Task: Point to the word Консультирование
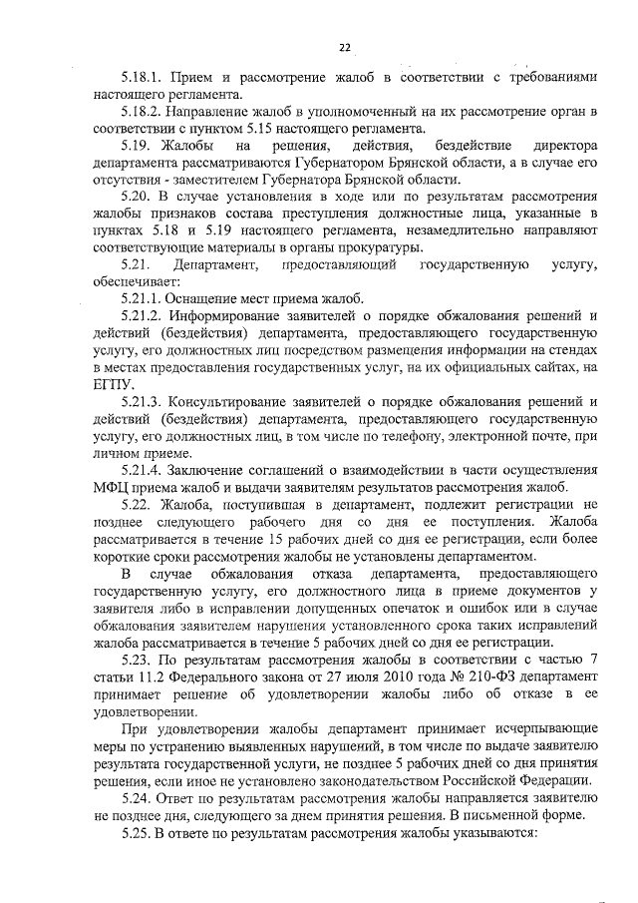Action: [x=231, y=402]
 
